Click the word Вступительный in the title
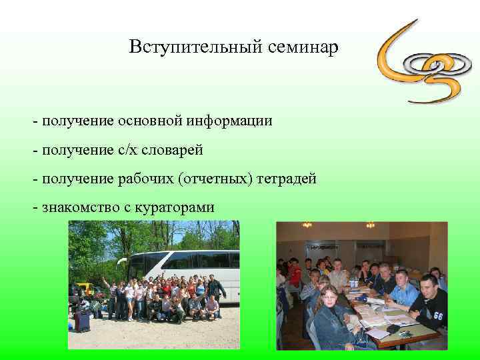192,47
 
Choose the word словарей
169,150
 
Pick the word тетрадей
285,179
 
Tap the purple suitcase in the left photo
83,322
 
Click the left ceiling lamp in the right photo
307,225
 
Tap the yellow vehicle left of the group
85,289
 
